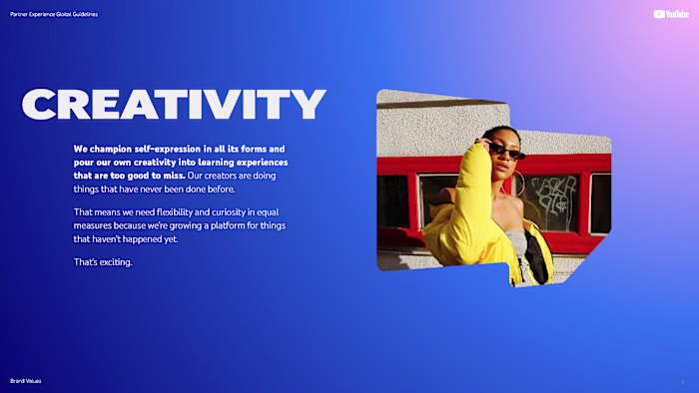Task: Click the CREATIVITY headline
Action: [174, 104]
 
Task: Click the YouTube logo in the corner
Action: [671, 14]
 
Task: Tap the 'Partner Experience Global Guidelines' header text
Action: [54, 14]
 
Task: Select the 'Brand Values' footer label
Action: [26, 381]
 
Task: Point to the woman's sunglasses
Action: [505, 152]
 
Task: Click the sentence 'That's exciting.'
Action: [103, 262]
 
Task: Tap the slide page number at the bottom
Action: [682, 381]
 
